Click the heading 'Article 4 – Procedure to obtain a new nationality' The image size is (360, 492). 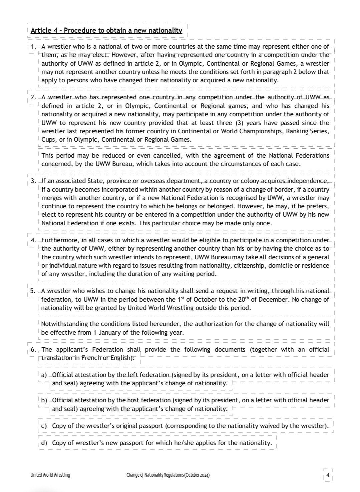coord(106,30)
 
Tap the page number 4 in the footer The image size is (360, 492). coord(328,475)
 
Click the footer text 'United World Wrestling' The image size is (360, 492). coord(50,475)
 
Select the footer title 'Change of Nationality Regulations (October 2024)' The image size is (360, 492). coord(168,475)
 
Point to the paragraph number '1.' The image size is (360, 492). coord(33,47)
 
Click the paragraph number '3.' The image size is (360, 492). coord(33,181)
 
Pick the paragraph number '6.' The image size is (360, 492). coord(33,350)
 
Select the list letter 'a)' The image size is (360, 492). coord(44,375)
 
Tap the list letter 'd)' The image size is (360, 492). coord(44,443)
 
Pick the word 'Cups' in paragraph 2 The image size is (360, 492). coord(48,140)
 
